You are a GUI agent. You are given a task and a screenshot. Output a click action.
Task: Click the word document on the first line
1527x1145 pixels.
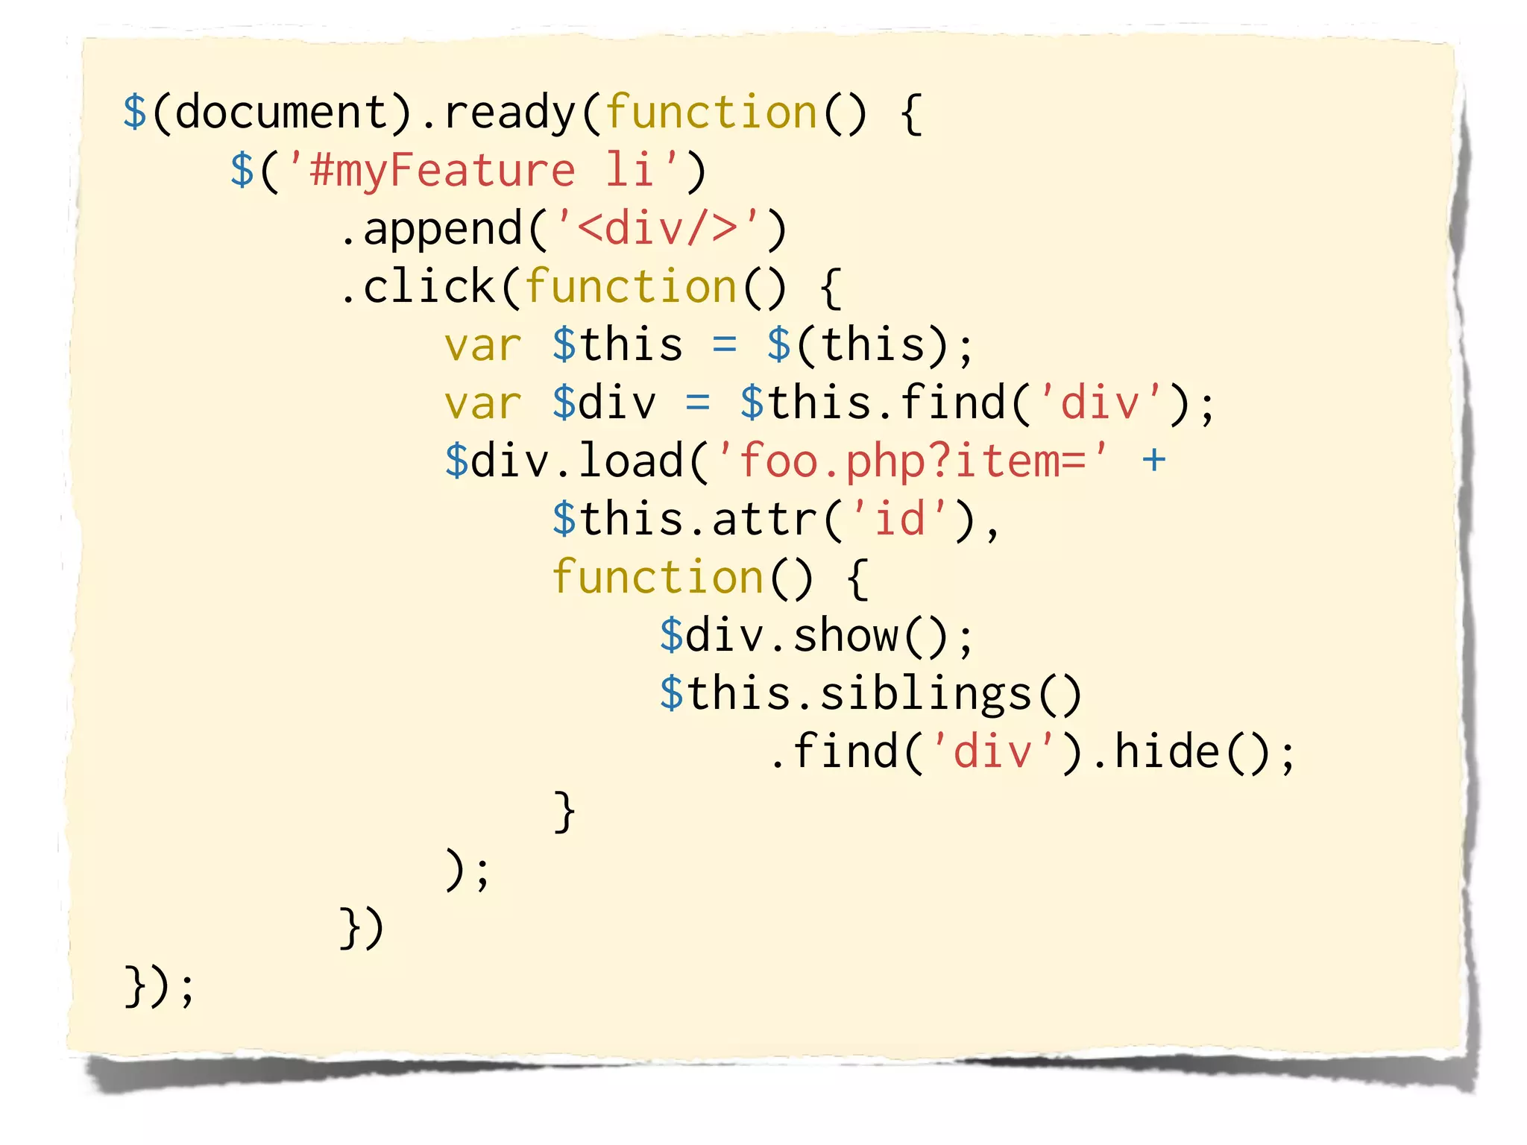click(x=281, y=113)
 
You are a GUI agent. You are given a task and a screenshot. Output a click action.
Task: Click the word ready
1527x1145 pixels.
click(x=509, y=113)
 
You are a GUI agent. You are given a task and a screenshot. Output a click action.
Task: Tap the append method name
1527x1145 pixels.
click(x=442, y=229)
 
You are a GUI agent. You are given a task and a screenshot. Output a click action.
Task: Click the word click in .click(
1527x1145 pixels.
click(x=429, y=287)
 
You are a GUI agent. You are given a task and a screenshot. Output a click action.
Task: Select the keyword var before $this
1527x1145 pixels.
click(x=482, y=345)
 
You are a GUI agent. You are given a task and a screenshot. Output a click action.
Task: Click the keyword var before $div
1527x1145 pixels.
click(x=482, y=403)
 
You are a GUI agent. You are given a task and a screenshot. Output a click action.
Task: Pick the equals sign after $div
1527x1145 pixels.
click(x=697, y=403)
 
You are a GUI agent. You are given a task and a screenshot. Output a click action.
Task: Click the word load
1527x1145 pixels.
click(x=631, y=461)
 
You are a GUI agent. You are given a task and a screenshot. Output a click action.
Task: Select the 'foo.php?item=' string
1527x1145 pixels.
click(x=912, y=461)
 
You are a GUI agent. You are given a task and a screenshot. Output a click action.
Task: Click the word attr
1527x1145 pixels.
click(x=764, y=520)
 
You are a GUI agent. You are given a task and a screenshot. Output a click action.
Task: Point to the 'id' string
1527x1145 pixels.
click(x=899, y=520)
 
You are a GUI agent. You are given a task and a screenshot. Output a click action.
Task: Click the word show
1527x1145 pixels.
click(x=846, y=636)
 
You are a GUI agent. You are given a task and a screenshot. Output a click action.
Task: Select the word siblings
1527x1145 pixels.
click(x=925, y=694)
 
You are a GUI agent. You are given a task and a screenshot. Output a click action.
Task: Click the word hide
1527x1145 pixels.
click(x=1167, y=752)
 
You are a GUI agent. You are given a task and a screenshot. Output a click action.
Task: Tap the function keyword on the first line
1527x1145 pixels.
click(x=711, y=113)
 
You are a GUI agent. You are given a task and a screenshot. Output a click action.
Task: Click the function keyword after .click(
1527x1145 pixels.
click(x=631, y=287)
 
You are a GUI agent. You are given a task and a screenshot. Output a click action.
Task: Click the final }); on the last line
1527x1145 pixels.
click(x=160, y=986)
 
